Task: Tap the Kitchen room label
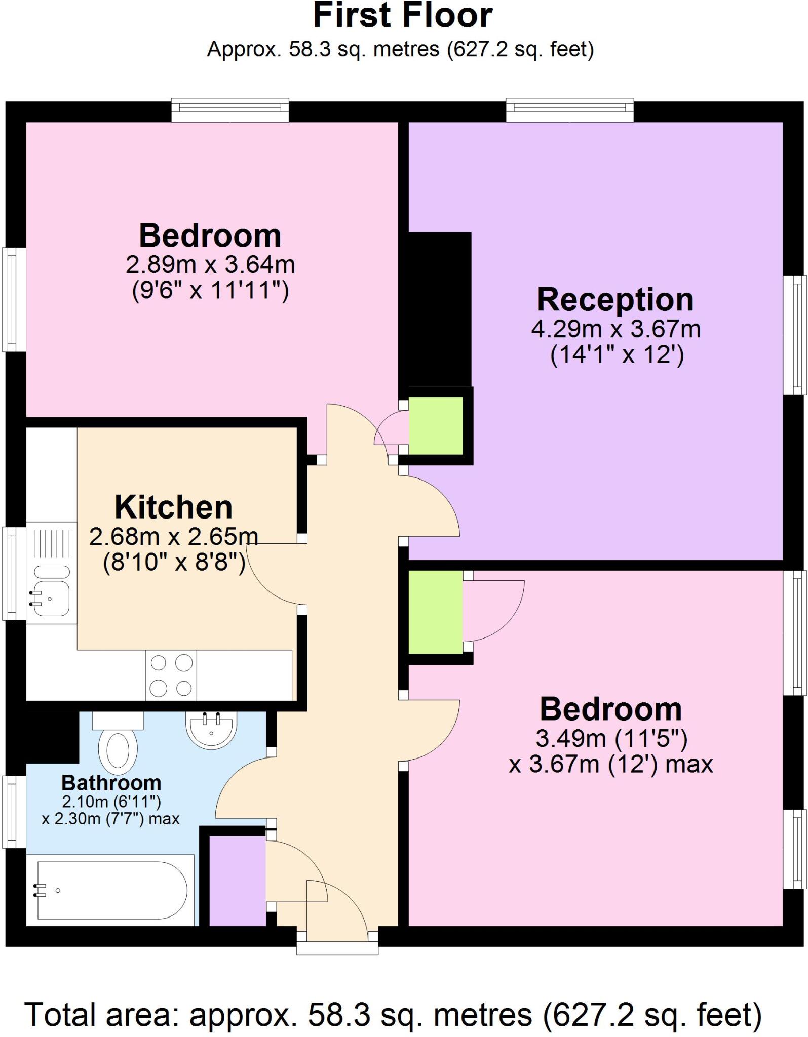click(173, 507)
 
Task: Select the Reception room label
click(615, 300)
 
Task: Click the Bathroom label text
click(111, 783)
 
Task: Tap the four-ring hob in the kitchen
click(171, 675)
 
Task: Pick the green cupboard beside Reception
click(436, 426)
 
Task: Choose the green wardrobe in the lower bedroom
click(436, 612)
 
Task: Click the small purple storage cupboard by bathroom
click(237, 881)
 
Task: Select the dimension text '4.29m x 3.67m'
click(615, 330)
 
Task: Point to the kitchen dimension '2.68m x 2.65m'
click(173, 537)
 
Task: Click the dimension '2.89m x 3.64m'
click(210, 264)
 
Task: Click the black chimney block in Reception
click(440, 309)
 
